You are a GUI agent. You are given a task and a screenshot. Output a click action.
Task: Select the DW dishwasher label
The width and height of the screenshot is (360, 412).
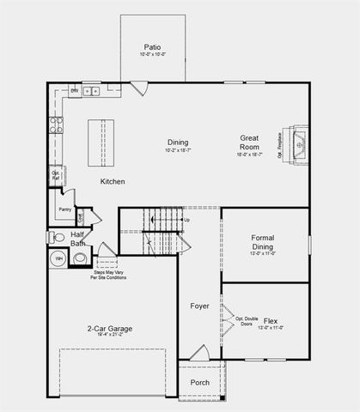[x=75, y=90]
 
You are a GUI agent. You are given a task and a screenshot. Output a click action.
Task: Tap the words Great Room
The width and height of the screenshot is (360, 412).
[x=250, y=142]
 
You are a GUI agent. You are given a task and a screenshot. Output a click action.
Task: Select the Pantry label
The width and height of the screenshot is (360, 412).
[x=64, y=209]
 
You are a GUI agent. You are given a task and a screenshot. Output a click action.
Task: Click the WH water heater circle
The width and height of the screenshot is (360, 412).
[x=59, y=257]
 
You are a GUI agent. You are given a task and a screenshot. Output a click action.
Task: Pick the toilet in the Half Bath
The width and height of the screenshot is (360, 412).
[x=57, y=237]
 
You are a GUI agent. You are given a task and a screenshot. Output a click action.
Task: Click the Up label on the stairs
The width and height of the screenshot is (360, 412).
[x=186, y=221]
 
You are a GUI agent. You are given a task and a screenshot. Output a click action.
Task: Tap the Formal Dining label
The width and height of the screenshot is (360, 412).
[x=262, y=242]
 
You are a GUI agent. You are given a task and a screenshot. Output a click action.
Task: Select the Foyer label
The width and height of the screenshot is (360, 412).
[x=199, y=305]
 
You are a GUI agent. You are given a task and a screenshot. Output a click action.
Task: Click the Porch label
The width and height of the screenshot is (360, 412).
[x=199, y=383]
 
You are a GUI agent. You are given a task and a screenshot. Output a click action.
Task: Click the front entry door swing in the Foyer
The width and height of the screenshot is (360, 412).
[x=198, y=352]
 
